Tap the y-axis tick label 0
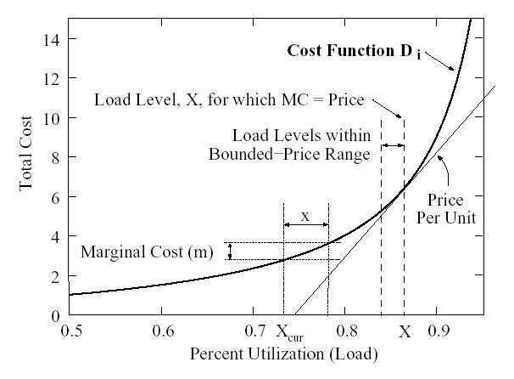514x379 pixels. click(55, 316)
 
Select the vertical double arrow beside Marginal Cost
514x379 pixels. click(229, 252)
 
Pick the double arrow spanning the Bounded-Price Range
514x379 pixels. click(392, 146)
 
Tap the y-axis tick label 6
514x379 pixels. click(55, 196)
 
